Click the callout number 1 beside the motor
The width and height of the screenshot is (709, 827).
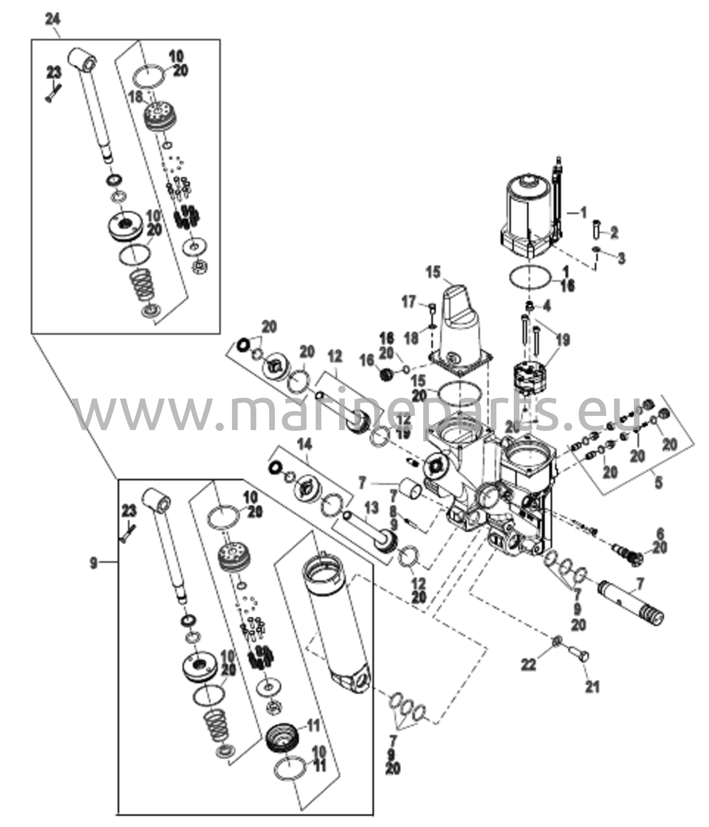pos(582,213)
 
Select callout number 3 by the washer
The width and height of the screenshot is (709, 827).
pos(621,258)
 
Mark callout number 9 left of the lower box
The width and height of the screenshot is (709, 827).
pos(93,563)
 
